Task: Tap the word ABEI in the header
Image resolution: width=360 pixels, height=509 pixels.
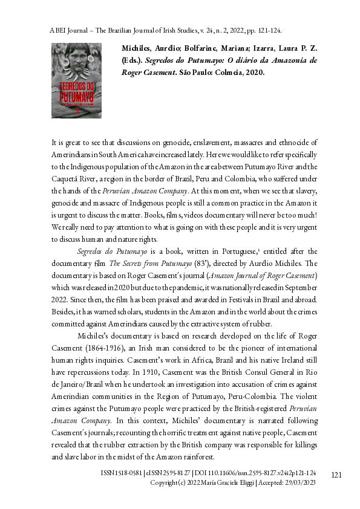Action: point(58,30)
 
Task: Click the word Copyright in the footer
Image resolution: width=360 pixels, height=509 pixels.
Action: point(166,484)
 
